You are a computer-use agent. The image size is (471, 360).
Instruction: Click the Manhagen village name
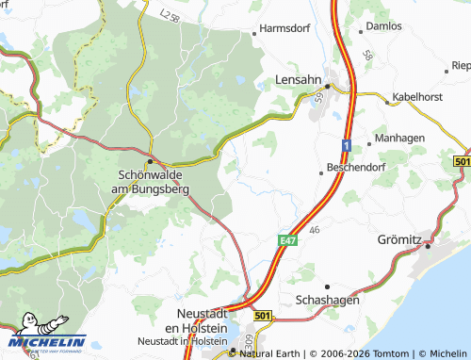pyautogui.click(x=400, y=138)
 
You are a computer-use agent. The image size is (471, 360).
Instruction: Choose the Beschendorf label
pyautogui.click(x=357, y=167)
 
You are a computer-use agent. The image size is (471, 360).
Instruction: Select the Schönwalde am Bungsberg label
pyautogui.click(x=151, y=182)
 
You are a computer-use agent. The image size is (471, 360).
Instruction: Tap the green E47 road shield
pyautogui.click(x=287, y=242)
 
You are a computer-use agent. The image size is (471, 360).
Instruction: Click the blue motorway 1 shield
pyautogui.click(x=347, y=145)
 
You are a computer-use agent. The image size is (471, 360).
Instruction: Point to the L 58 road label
pyautogui.click(x=169, y=17)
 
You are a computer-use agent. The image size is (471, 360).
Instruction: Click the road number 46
pyautogui.click(x=315, y=229)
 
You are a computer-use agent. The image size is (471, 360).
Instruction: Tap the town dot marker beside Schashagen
pyautogui.click(x=328, y=286)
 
